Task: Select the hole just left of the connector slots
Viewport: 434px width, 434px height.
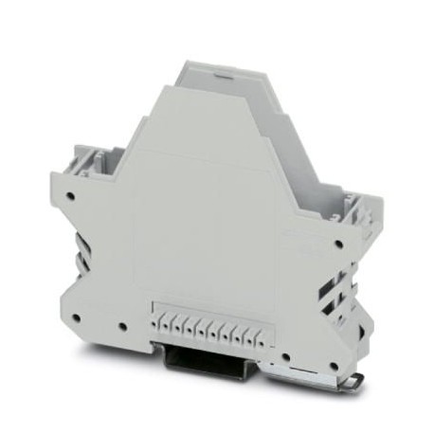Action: point(123,329)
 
